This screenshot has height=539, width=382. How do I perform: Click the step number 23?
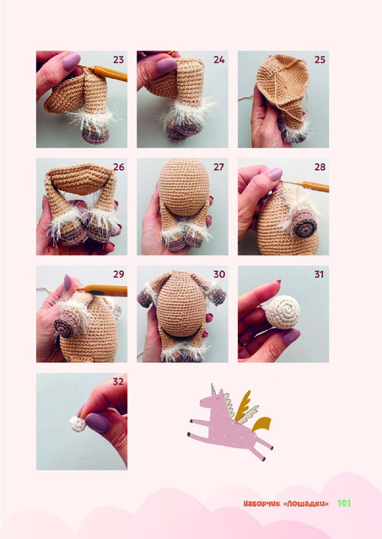118,60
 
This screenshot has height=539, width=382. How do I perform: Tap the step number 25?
320,60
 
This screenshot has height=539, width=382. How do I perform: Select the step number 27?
219,167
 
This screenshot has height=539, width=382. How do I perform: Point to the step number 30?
219,275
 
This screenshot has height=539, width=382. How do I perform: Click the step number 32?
118,382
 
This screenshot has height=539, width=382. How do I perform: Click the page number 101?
344,504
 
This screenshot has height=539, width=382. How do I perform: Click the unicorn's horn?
213,389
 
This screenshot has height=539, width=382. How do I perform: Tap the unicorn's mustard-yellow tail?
261,424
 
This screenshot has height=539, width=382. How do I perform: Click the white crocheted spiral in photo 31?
282,312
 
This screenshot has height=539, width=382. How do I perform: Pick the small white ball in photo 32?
78,424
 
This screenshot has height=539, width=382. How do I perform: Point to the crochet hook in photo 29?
102,291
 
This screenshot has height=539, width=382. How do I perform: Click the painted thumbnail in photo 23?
71,61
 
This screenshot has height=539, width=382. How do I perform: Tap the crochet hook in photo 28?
307,185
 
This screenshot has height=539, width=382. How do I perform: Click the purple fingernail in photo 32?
98,422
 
